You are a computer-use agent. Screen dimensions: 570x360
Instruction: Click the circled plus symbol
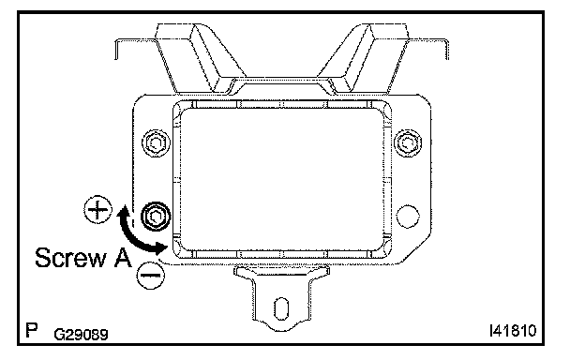(98, 210)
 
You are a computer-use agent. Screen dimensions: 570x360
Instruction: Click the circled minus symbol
(151, 276)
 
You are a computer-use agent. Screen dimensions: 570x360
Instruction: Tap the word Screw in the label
(70, 258)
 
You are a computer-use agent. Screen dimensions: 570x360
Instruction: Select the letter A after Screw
(122, 258)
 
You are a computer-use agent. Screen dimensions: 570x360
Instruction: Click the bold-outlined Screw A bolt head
(156, 217)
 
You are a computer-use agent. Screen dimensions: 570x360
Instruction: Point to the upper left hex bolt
(156, 142)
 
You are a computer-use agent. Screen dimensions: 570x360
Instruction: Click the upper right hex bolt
(408, 142)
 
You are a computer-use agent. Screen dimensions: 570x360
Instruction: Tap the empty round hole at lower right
(408, 216)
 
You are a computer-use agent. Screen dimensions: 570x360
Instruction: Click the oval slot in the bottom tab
(281, 308)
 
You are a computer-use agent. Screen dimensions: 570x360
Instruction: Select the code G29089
(81, 334)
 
